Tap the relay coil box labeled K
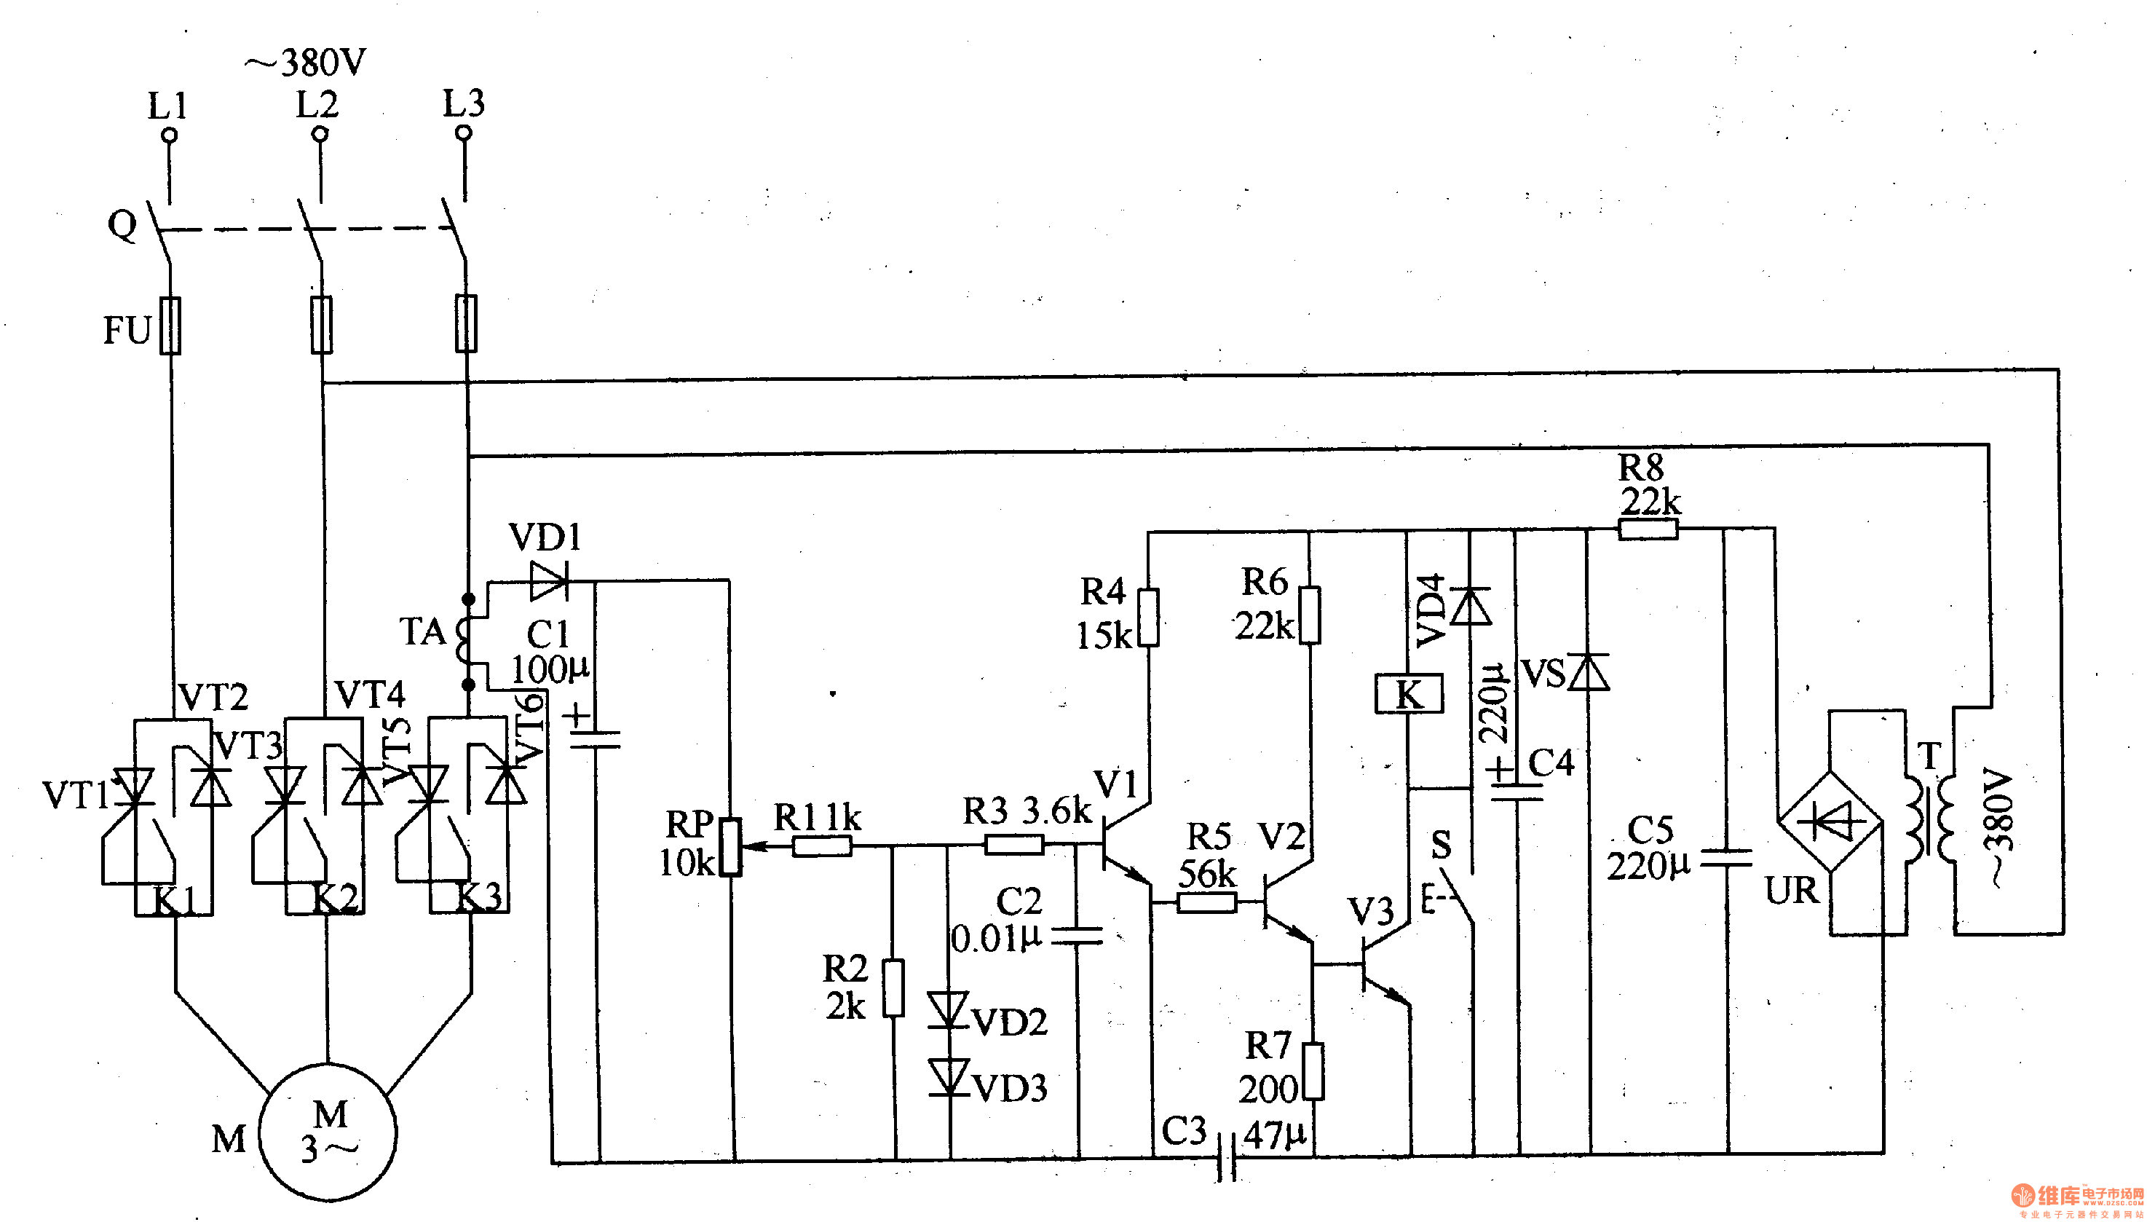point(1409,695)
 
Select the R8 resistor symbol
point(1648,529)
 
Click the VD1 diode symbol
point(550,581)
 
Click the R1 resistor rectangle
point(822,846)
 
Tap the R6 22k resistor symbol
point(1310,616)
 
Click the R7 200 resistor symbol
point(1313,1071)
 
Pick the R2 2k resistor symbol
point(894,989)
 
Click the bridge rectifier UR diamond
point(1830,821)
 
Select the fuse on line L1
point(171,326)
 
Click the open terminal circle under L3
point(463,133)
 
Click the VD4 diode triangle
point(1470,606)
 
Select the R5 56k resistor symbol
point(1207,902)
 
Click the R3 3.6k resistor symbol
point(1013,844)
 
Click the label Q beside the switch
point(122,225)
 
